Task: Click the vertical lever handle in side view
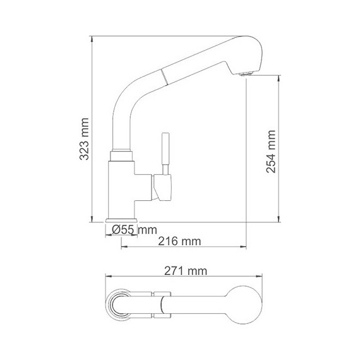pos(165,152)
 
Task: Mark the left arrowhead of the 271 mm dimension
pos(106,277)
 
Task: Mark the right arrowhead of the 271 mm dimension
pos(261,277)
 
